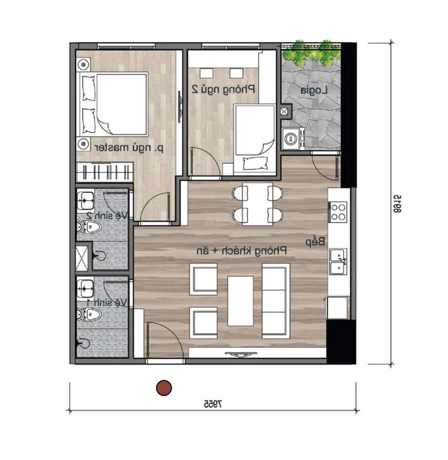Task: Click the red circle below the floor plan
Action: point(164,387)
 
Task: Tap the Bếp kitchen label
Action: point(312,242)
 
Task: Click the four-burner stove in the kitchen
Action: point(338,212)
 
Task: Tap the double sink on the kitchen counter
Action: point(338,260)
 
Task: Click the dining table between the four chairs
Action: point(255,204)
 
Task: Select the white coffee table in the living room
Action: point(240,301)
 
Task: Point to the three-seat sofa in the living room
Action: point(275,301)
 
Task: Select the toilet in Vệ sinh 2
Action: point(90,227)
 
